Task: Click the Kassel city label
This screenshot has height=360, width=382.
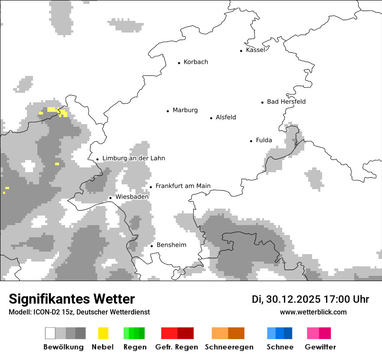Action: coord(255,50)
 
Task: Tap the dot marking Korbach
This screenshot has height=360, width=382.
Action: coord(179,63)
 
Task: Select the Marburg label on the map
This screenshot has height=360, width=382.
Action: coord(185,110)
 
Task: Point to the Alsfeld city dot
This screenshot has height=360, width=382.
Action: coord(211,118)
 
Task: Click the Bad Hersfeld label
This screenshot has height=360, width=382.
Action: coord(286,101)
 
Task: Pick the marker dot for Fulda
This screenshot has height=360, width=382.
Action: coord(251,141)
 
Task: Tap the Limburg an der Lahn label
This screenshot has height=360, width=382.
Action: coord(134,158)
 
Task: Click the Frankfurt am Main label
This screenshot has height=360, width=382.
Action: coord(183,186)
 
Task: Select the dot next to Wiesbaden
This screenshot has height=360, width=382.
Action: coord(111,198)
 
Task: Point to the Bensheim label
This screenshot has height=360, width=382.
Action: coord(171,245)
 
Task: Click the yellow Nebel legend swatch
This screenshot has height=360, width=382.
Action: coord(103,333)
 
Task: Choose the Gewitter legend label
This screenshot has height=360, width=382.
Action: coord(320,347)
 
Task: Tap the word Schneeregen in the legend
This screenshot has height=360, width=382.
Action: coord(229,347)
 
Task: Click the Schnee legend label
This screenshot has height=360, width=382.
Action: coord(280,347)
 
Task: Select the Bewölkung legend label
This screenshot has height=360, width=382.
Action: coord(63,347)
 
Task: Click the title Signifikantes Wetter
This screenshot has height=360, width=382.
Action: coord(72,299)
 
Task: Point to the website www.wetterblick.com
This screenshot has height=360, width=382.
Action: coord(313,312)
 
